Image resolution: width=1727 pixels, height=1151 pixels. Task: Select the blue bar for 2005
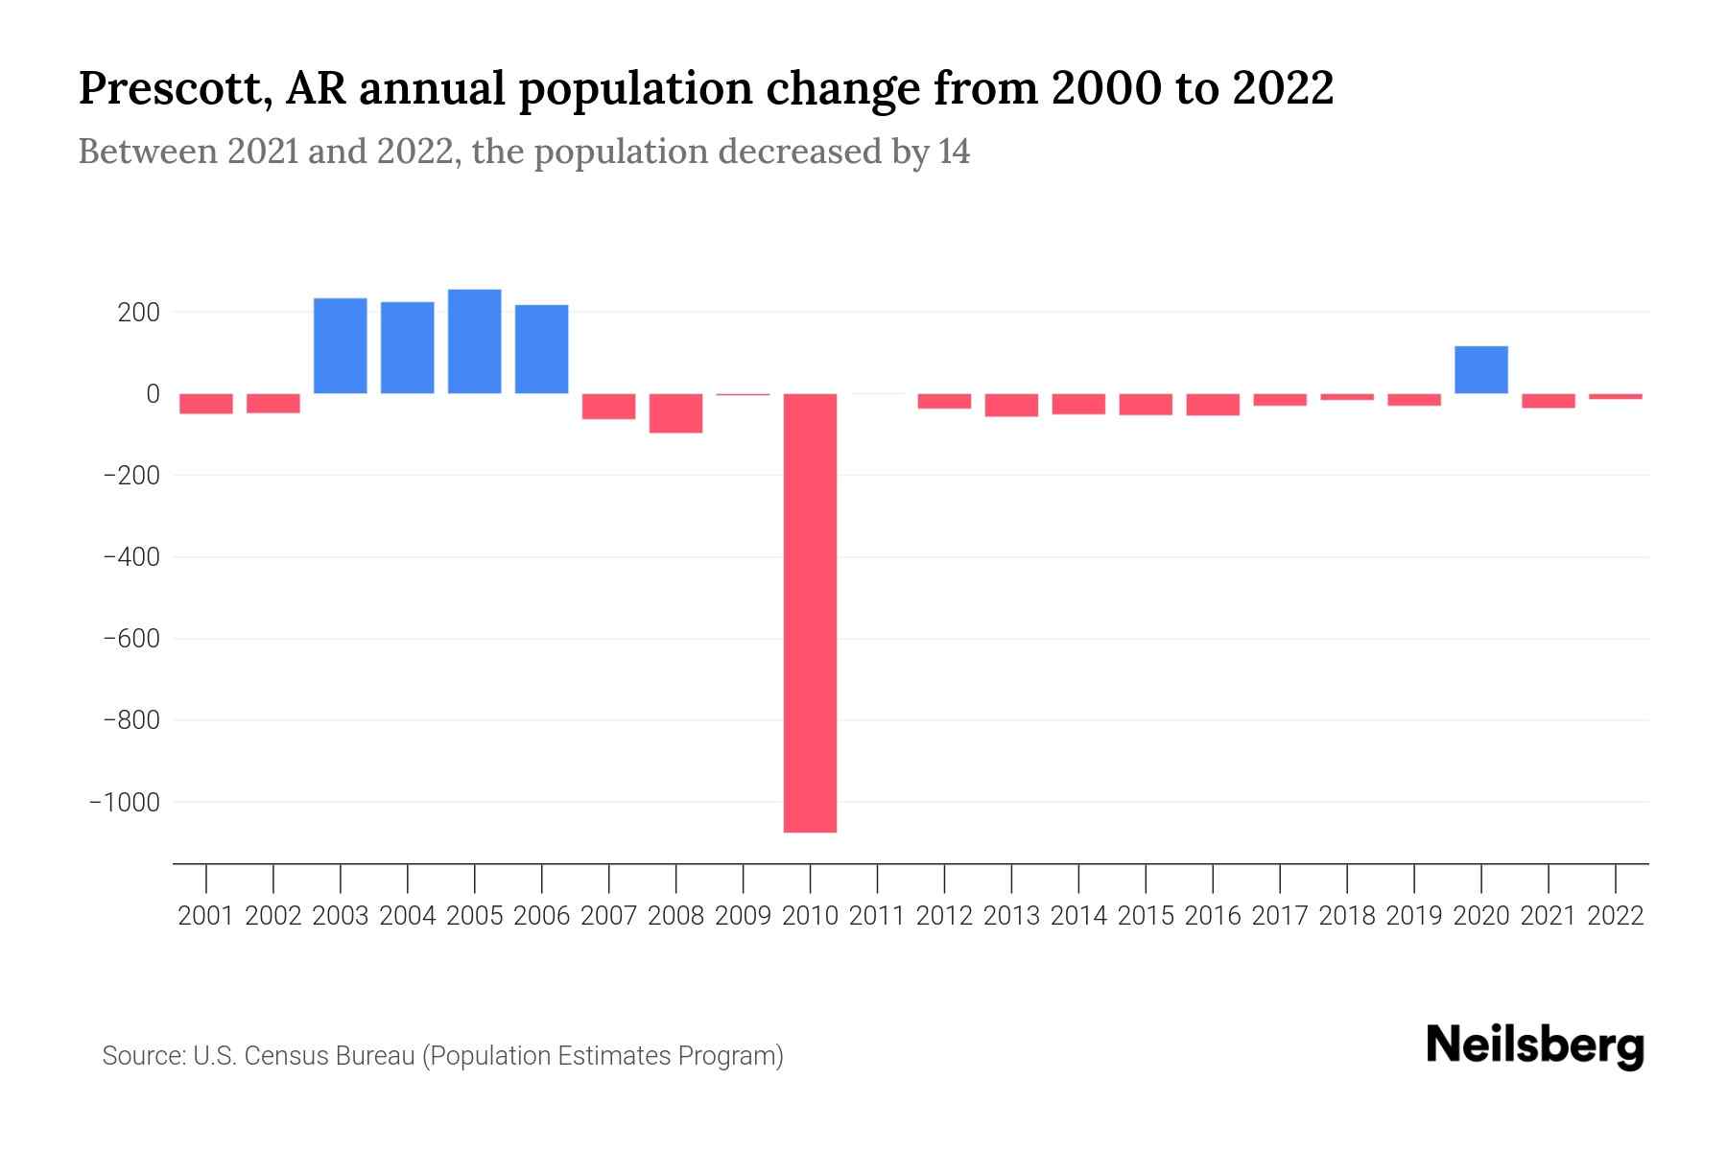pyautogui.click(x=474, y=341)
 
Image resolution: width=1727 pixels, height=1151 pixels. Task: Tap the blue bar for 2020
pyautogui.click(x=1480, y=369)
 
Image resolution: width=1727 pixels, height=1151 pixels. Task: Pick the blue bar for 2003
pyautogui.click(x=341, y=345)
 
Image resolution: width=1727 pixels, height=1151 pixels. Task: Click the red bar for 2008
pyautogui.click(x=675, y=413)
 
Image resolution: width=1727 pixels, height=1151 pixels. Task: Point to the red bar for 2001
pyautogui.click(x=206, y=404)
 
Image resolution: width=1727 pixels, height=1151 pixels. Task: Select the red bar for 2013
pyautogui.click(x=1011, y=405)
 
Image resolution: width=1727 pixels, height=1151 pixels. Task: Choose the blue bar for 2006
pyautogui.click(x=541, y=349)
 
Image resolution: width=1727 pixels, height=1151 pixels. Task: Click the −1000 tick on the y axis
pyautogui.click(x=125, y=802)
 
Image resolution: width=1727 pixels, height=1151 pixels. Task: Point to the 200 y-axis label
pyautogui.click(x=139, y=313)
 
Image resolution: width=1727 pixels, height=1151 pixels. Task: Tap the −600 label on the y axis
pyautogui.click(x=131, y=639)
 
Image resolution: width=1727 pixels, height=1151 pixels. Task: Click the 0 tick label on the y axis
pyautogui.click(x=153, y=394)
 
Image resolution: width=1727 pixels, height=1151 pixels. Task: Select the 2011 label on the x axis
pyautogui.click(x=877, y=916)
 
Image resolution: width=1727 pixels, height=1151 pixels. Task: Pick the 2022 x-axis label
pyautogui.click(x=1616, y=916)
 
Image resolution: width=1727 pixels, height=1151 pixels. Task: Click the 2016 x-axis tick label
pyautogui.click(x=1213, y=916)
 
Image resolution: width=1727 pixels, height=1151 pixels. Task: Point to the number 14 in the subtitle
pyautogui.click(x=954, y=152)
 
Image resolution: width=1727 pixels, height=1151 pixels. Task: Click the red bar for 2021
pyautogui.click(x=1548, y=401)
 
